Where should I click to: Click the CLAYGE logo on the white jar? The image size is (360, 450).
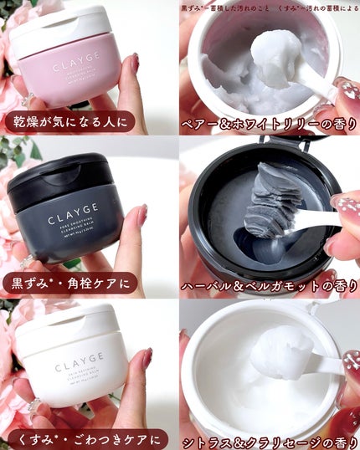pyautogui.click(x=80, y=366)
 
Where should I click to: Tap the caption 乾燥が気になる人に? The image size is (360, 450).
pyautogui.click(x=69, y=122)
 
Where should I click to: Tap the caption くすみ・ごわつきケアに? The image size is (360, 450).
pyautogui.click(x=84, y=438)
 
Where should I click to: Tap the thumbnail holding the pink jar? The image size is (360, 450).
pyautogui.click(x=133, y=64)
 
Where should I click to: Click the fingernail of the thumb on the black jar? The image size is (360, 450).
pyautogui.click(x=141, y=217)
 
